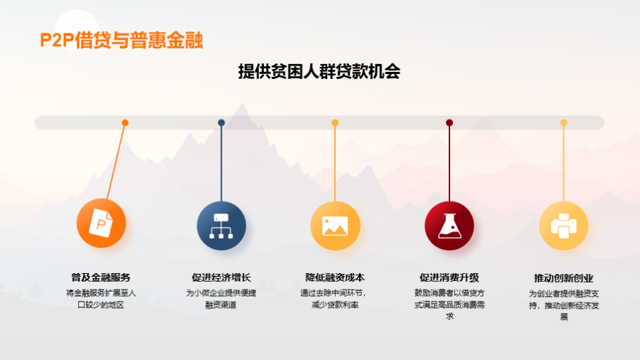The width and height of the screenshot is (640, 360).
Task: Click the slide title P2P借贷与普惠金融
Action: [x=121, y=41]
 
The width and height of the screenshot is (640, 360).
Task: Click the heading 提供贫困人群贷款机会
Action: [x=319, y=71]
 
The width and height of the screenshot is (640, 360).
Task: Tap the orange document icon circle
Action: [x=101, y=223]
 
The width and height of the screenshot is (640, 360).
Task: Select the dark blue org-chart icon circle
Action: [x=221, y=226]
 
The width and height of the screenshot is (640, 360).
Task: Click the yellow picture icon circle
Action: [x=335, y=226]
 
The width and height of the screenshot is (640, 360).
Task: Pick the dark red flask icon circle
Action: [x=449, y=226]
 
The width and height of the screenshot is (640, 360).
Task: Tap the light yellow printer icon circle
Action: [x=564, y=226]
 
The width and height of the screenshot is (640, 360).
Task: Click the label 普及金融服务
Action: [x=101, y=277]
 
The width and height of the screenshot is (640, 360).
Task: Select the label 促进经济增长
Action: [x=221, y=277]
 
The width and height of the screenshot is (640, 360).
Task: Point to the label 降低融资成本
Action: [x=335, y=277]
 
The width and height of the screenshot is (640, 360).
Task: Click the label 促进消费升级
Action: [x=449, y=277]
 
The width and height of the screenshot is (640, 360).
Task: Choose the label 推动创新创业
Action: [x=564, y=278]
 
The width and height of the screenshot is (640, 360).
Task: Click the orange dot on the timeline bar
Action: [x=125, y=122]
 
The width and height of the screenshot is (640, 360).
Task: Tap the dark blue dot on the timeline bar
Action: [x=221, y=122]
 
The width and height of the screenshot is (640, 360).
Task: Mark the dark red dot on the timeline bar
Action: [x=449, y=122]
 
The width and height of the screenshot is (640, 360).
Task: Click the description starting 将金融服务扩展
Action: [x=101, y=299]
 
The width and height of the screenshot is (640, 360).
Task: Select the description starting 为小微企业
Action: [x=221, y=299]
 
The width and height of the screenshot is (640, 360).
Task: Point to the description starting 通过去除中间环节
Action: [x=334, y=299]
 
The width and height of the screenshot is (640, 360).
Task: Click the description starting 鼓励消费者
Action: [x=449, y=305]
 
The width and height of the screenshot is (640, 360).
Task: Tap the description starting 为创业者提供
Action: [x=564, y=305]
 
